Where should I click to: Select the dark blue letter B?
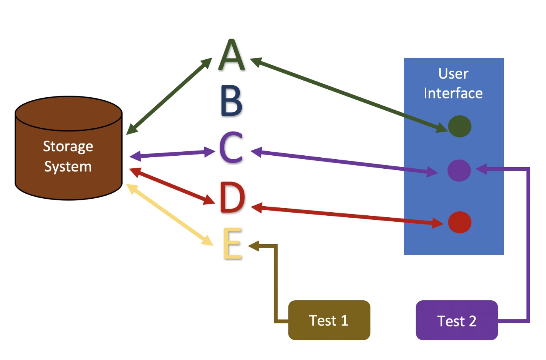tap(231, 101)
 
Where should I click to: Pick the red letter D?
tap(232, 198)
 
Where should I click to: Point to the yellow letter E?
tap(232, 243)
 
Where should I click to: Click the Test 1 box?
tap(329, 320)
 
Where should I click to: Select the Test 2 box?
tap(457, 320)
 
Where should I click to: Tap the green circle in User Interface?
tap(459, 126)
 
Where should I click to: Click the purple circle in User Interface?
tap(459, 170)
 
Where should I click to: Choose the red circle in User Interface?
tap(459, 222)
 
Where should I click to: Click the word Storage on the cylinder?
tap(68, 147)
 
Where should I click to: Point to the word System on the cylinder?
tap(68, 166)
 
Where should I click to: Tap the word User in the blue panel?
tap(453, 74)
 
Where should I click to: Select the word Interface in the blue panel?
tap(453, 93)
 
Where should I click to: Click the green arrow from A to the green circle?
tap(348, 94)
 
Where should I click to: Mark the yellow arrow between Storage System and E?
tap(170, 215)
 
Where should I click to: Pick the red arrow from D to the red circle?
tap(348, 215)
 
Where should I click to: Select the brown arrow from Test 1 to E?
tap(276, 285)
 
